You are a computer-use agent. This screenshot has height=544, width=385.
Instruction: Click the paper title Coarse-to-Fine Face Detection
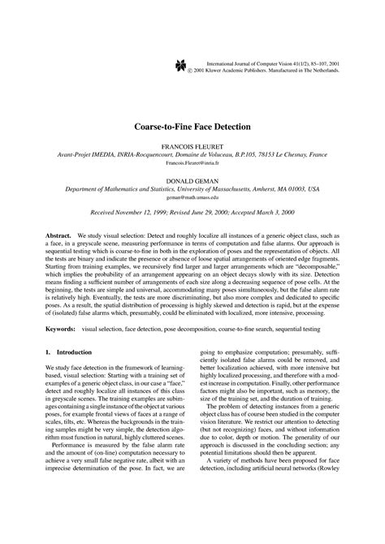192,127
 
